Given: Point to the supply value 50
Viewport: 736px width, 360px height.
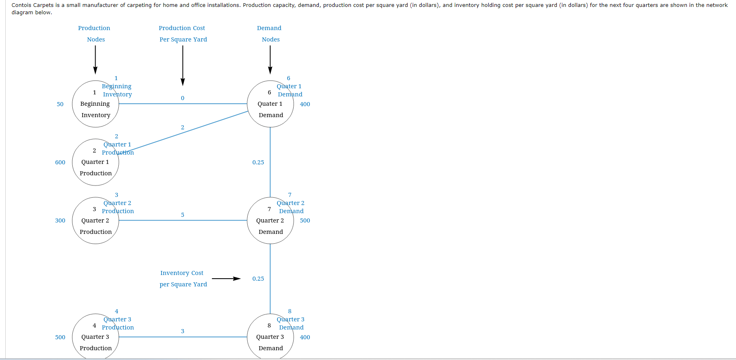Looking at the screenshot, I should (60, 104).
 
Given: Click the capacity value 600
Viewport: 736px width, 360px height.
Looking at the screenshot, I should (60, 162).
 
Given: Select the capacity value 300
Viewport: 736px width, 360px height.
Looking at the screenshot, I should (60, 220).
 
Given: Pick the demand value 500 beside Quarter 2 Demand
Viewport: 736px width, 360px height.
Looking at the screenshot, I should (305, 220).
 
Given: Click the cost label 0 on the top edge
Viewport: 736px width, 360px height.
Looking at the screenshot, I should (183, 98).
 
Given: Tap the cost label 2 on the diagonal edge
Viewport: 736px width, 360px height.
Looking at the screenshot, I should (183, 127).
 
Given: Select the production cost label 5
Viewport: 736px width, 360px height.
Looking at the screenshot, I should (183, 215).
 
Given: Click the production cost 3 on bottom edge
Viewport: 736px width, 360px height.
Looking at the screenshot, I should (183, 331).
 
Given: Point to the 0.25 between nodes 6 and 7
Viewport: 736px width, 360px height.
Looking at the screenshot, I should (258, 162).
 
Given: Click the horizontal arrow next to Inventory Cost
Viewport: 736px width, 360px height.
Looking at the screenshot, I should (226, 279).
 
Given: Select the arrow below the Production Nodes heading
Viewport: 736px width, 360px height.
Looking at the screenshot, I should (95, 59).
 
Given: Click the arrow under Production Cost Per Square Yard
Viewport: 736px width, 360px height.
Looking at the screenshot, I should (183, 65).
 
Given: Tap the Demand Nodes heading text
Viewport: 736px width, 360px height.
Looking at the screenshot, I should (270, 34).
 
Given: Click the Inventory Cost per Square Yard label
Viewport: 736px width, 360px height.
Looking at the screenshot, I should (183, 279).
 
